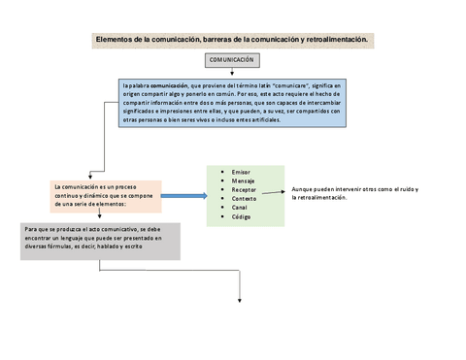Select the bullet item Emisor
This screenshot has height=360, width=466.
point(241,171)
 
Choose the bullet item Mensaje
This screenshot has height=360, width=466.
point(243,180)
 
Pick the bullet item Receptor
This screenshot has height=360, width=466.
point(244,189)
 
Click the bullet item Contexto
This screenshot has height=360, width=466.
point(244,198)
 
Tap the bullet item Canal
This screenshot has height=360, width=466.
point(240,208)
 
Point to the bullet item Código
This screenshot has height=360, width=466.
point(241,216)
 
